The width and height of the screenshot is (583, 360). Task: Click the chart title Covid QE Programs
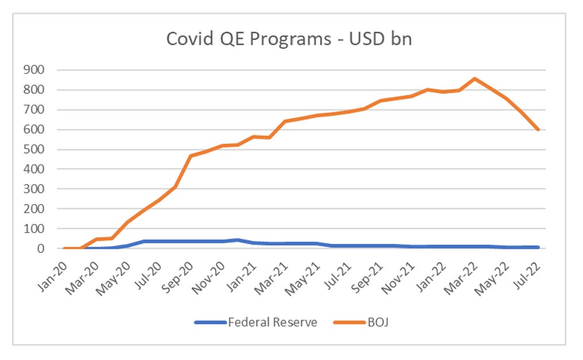[289, 39]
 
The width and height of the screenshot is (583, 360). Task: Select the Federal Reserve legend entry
[273, 322]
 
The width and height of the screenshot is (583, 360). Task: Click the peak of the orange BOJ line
[474, 79]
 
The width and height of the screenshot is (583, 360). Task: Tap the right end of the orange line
[538, 130]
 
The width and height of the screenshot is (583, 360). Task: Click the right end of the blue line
[538, 247]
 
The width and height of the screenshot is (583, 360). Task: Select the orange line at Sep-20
[190, 156]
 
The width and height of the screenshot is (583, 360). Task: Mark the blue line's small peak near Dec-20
[237, 240]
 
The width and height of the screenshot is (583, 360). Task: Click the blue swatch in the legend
[210, 322]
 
